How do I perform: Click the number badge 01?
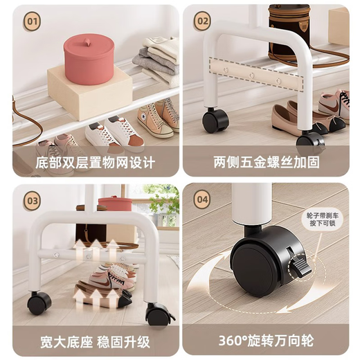(32, 21)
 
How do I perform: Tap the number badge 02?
(201, 21)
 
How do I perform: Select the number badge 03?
(32, 201)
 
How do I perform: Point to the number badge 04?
(201, 201)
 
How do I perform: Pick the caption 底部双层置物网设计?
(96, 164)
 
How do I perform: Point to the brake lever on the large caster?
(300, 267)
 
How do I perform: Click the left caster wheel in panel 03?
(39, 303)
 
